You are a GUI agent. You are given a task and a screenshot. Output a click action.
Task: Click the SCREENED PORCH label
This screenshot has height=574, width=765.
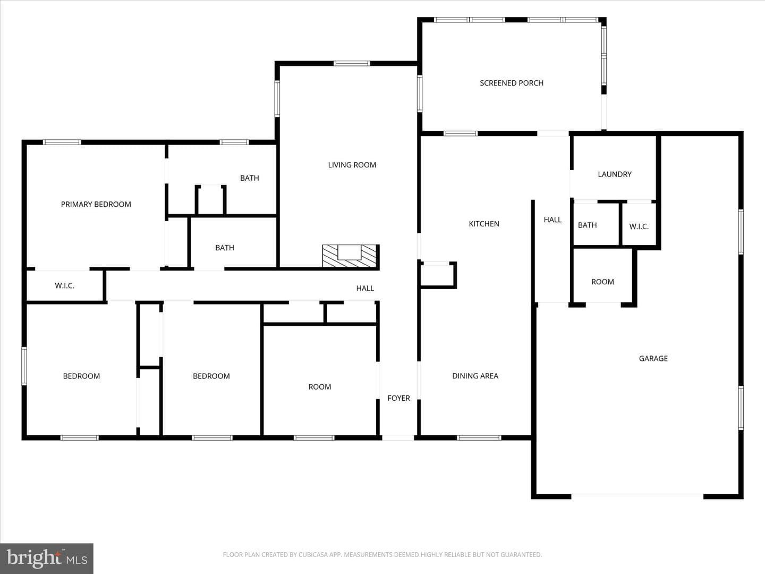coord(511,83)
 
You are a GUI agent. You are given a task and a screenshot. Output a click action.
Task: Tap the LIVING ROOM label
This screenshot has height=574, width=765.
coord(352,165)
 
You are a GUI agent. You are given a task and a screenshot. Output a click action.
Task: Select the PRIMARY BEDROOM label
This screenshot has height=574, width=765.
coord(96,204)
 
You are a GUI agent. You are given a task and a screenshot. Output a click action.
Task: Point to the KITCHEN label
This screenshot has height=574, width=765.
coord(484,224)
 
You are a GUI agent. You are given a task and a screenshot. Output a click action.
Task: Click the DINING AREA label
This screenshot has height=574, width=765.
coord(475,376)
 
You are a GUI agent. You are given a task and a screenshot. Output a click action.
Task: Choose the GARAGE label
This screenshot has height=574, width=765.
coord(653,358)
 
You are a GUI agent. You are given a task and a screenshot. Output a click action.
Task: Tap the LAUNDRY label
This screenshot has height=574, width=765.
coord(615,174)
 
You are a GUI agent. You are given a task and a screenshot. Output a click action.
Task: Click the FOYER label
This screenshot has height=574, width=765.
coord(399,398)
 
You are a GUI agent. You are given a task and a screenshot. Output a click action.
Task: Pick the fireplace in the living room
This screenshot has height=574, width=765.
coord(350,256)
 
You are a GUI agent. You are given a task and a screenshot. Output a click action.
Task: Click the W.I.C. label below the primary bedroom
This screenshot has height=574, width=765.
coord(64,286)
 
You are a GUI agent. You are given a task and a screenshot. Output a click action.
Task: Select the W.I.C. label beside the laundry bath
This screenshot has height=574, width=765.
coord(639,226)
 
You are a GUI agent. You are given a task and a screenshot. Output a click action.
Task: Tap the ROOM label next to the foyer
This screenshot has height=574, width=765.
coord(320,387)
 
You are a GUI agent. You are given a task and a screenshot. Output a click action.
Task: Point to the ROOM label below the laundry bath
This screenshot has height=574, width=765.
coord(602,282)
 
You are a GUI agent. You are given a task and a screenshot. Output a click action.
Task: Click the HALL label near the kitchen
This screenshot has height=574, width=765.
coord(552,220)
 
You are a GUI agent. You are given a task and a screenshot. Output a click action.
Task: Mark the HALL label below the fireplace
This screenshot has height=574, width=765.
coord(365,288)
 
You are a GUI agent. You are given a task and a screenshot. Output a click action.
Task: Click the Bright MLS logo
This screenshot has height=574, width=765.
coord(47,558)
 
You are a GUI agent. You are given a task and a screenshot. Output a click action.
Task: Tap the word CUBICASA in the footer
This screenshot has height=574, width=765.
coord(311,554)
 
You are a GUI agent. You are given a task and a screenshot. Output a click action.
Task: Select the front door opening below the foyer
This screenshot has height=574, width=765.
coord(398,438)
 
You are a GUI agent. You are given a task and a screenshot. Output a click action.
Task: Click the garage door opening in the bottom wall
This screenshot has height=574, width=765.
coord(637,496)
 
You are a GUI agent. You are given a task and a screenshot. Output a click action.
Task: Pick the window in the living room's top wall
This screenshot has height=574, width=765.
coord(352,63)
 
